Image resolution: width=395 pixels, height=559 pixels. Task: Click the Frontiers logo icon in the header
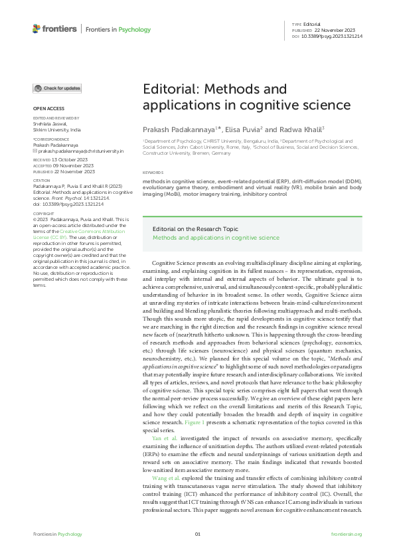point(37,29)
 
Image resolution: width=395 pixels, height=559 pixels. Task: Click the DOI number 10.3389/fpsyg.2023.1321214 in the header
point(331,36)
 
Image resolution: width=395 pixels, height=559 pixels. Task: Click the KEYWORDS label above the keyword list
point(153,173)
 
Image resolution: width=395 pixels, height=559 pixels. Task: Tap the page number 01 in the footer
point(197,534)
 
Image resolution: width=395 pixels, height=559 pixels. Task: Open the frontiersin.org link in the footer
point(346,534)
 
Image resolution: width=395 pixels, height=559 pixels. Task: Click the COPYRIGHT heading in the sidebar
point(44,214)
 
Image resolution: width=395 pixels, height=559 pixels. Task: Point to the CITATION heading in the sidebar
point(42,179)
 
